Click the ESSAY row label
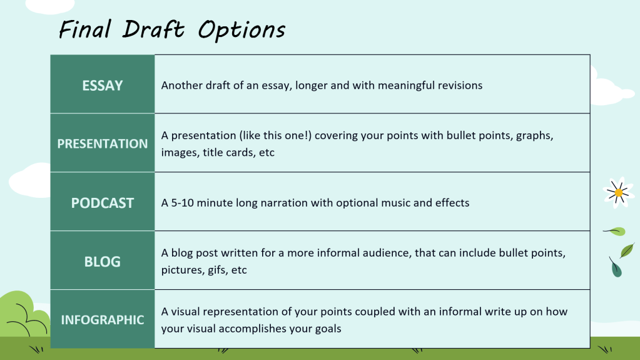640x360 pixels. [103, 85]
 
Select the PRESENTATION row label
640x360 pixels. [103, 144]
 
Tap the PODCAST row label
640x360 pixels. [103, 203]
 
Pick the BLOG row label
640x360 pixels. [103, 262]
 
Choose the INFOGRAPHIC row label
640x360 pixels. [103, 320]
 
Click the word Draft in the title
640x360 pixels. [154, 29]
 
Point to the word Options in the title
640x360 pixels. [241, 30]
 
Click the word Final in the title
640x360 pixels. [85, 29]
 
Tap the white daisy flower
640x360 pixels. [618, 192]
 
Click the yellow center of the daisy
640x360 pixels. [619, 192]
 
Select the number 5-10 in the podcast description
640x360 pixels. [182, 203]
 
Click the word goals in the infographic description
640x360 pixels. [328, 329]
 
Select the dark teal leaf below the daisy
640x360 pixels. [616, 267]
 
